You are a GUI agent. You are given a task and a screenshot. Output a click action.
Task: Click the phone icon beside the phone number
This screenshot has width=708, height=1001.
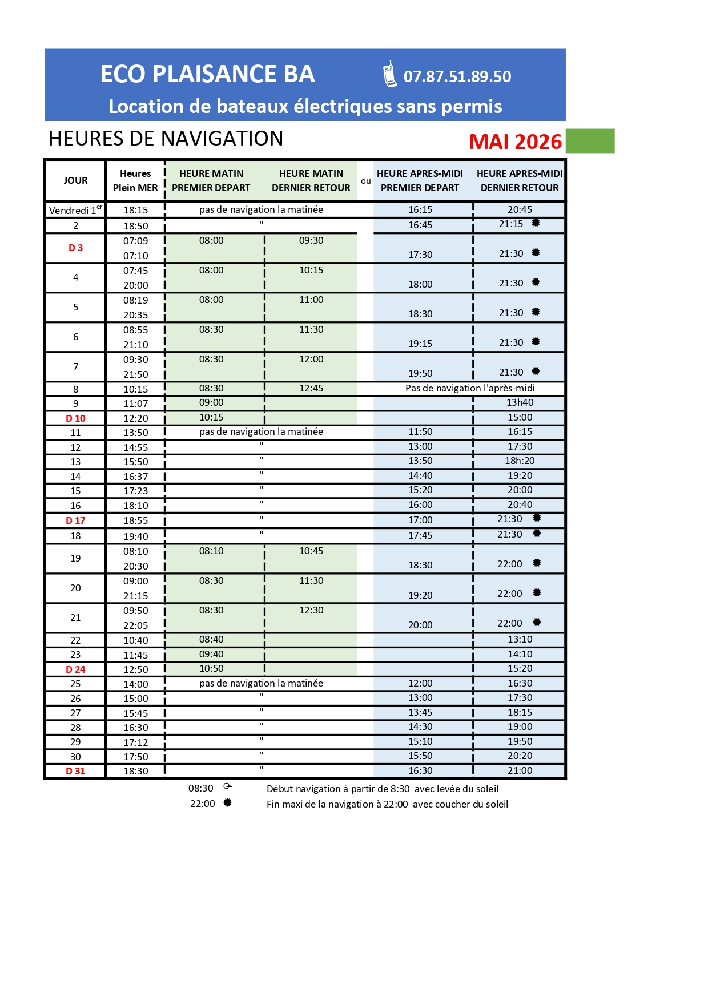coord(389,74)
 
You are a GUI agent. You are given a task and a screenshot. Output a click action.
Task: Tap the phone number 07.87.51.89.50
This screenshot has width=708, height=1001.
coord(457,76)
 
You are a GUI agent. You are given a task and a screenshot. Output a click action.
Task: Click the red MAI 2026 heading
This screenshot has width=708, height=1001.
coord(515,142)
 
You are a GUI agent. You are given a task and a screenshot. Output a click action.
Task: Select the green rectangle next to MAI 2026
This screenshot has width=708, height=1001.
coord(590,141)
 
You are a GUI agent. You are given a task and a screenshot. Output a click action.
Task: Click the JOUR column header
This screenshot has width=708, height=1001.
coord(75,180)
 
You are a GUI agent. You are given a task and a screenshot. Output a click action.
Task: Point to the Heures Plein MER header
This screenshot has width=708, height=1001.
coord(135,180)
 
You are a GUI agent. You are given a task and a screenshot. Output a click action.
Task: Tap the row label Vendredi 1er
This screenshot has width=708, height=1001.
coord(75,210)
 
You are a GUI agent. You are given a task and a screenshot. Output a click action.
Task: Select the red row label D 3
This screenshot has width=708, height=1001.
coord(75,248)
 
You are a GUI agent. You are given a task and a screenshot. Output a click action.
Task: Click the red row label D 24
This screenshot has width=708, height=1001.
coord(75,669)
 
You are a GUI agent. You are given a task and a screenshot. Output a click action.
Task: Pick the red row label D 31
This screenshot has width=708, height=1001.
coord(75,771)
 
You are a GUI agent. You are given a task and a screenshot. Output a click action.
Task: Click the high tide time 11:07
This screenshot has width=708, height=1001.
coord(135,403)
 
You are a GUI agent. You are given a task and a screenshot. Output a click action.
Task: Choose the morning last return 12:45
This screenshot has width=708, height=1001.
coord(311,388)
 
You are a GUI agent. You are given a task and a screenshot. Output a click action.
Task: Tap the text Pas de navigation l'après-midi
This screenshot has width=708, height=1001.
coord(469,388)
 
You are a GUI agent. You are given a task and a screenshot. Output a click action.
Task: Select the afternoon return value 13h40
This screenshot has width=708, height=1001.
coord(520,402)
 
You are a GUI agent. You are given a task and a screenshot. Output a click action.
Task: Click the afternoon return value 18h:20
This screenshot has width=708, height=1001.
coord(520,461)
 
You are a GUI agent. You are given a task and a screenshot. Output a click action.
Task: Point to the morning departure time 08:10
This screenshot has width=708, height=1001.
coord(211,551)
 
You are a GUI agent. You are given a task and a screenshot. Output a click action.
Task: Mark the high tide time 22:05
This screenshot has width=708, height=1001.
coord(135,625)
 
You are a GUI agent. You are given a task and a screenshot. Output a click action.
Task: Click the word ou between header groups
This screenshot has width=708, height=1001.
coord(365,181)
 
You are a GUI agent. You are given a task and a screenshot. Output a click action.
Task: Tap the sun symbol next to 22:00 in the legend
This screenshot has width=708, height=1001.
coord(227,802)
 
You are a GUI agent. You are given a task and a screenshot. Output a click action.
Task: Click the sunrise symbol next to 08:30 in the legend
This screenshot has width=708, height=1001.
coord(227,786)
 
